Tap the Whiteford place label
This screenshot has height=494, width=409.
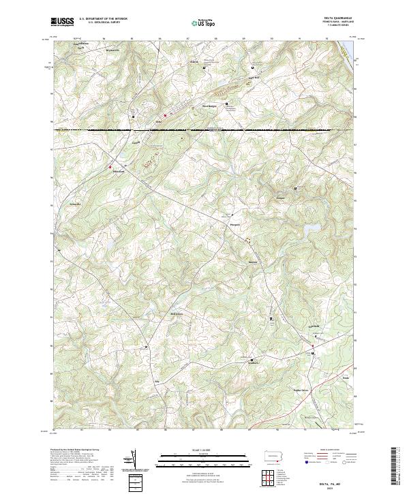pos(119,172)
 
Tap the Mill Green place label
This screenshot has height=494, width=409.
pos(177,314)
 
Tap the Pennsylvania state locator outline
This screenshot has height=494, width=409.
pos(279,454)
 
